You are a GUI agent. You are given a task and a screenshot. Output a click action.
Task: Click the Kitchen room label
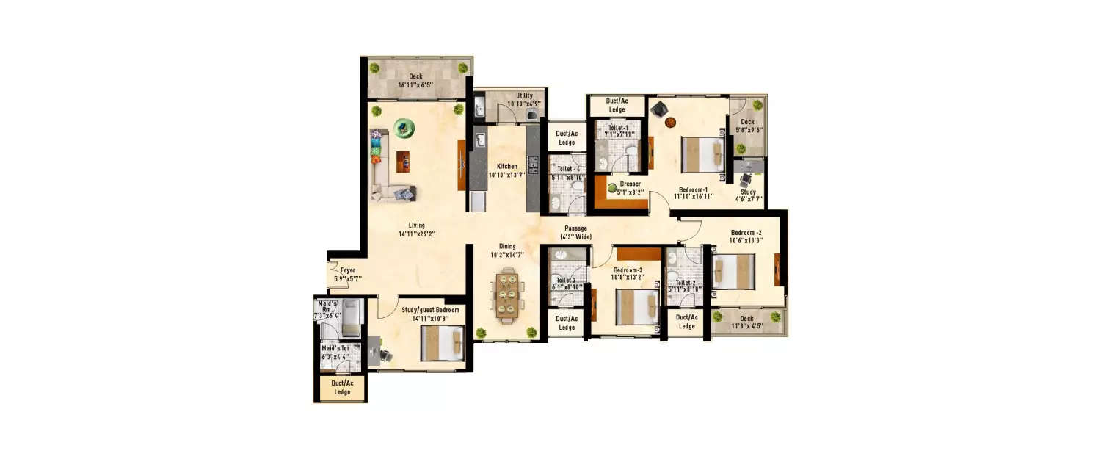point(506,167)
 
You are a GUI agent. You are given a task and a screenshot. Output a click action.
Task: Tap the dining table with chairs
point(506,295)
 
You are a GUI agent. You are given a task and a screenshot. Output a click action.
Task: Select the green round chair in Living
point(403,129)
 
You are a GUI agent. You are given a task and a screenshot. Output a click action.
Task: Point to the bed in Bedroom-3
point(636,306)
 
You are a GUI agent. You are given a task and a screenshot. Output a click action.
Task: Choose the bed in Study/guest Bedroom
point(442,343)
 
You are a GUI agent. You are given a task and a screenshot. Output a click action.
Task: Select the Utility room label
point(524,96)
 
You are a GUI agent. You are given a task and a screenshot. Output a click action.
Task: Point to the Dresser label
point(630,184)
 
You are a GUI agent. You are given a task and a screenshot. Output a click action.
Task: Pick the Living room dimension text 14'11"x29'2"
point(417,234)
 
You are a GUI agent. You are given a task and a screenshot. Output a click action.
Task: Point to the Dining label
point(507,247)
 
